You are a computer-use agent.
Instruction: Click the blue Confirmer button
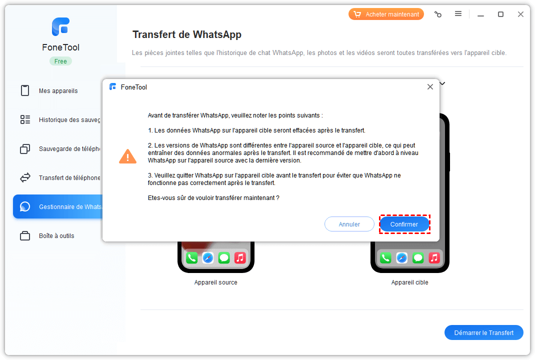coord(404,224)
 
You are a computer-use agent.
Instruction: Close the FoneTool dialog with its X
coord(430,87)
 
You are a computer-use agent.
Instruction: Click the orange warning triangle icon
coord(127,156)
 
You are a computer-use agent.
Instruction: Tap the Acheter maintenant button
coord(386,14)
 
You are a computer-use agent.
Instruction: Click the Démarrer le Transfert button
coord(484,332)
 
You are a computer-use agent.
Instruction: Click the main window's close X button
coord(520,14)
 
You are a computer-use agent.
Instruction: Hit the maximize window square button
coord(500,14)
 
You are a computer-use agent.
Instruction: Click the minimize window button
coord(480,15)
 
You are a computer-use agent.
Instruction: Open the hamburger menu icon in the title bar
coord(458,14)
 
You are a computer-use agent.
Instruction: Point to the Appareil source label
coord(215,282)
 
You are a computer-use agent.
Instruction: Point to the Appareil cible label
coord(410,282)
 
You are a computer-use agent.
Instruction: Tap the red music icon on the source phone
coord(240,258)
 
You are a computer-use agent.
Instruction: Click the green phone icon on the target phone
coord(385,258)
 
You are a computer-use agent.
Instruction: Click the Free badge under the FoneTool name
coord(60,61)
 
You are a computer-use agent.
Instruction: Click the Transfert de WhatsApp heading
coord(187,35)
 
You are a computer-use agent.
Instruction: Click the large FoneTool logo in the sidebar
coord(60,26)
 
